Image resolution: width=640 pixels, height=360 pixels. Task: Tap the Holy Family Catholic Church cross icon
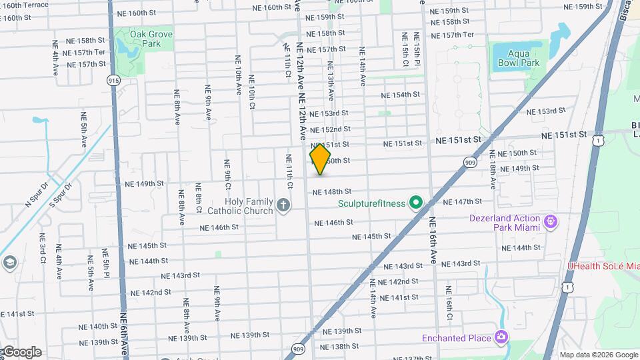pos(283,205)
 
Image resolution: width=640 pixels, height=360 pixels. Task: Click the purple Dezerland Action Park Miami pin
pos(550,221)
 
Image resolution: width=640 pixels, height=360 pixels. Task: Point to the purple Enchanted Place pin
pos(501,338)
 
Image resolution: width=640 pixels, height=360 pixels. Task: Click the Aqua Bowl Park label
pos(518,59)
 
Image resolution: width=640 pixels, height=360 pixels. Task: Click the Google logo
pos(21,352)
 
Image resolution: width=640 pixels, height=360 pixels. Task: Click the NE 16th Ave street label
pos(433,240)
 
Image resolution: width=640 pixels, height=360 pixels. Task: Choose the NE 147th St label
pos(462,201)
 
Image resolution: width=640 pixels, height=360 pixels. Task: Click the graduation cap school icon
pos(9,262)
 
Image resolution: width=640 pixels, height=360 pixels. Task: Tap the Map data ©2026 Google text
pos(598,355)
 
